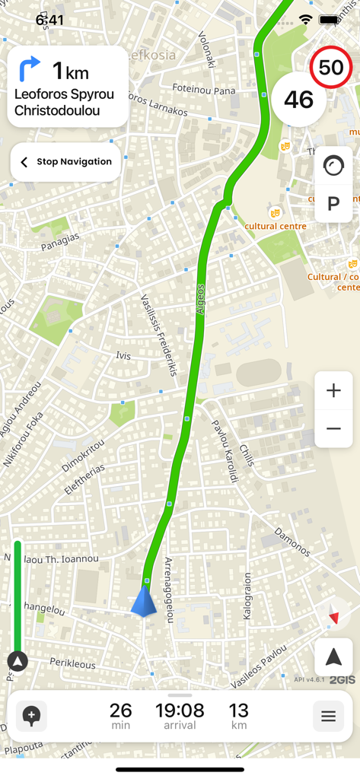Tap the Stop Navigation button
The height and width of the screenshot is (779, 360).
pos(65,162)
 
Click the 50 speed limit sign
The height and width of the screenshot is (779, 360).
pos(330,68)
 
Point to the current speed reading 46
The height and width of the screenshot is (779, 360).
pos(298,99)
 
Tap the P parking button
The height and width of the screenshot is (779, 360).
pos(333,204)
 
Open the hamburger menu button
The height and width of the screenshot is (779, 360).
pos(328,716)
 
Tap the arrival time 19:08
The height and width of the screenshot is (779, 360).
pos(180,716)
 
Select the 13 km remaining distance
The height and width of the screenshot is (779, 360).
pos(238,716)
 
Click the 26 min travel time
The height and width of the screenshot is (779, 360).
pos(120,716)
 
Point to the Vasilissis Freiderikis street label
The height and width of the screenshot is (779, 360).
pos(159,335)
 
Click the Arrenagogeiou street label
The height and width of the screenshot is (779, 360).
pos(169,590)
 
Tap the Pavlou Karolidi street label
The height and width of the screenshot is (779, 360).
pos(225,451)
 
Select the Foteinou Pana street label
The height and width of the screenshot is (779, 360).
pos(203,90)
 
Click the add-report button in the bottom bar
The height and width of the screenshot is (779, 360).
pos(31,716)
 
